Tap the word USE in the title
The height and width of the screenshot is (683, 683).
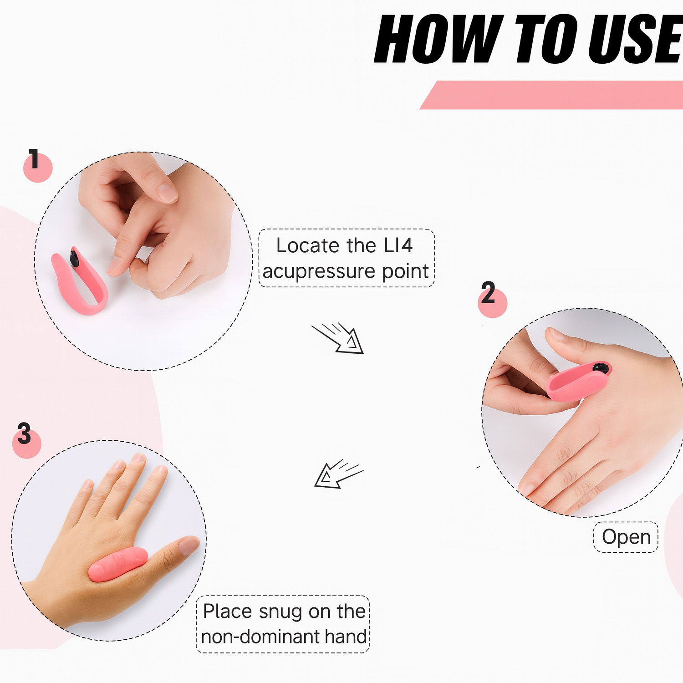pyautogui.click(x=636, y=39)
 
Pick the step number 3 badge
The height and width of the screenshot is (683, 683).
pyautogui.click(x=26, y=441)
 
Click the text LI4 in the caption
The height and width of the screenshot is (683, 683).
pyautogui.click(x=398, y=245)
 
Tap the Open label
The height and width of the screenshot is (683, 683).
pyautogui.click(x=626, y=537)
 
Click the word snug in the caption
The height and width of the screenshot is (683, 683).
pyautogui.click(x=280, y=612)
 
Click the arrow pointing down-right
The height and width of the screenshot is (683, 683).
pyautogui.click(x=338, y=338)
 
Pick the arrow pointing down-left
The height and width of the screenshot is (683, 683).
pyautogui.click(x=339, y=474)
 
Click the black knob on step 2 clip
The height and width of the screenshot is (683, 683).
pyautogui.click(x=601, y=368)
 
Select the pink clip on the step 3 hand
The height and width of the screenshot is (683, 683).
pyautogui.click(x=117, y=564)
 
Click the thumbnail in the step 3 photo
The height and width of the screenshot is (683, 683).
pyautogui.click(x=189, y=545)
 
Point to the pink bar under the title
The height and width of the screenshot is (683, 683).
pyautogui.click(x=551, y=95)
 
